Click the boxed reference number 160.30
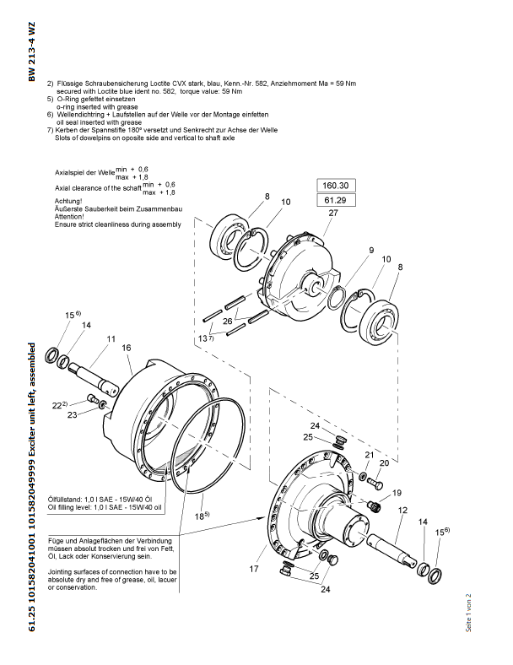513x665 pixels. pyautogui.click(x=335, y=186)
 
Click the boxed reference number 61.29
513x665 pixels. pyautogui.click(x=335, y=200)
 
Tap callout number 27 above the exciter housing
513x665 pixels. pyautogui.click(x=333, y=213)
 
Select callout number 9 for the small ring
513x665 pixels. pyautogui.click(x=371, y=251)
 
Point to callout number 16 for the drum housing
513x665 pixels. pyautogui.click(x=127, y=348)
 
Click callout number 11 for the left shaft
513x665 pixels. pyautogui.click(x=111, y=339)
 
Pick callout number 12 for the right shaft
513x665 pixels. pyautogui.click(x=402, y=510)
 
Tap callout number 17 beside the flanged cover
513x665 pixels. pyautogui.click(x=253, y=569)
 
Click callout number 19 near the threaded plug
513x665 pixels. pyautogui.click(x=397, y=493)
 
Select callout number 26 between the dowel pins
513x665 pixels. pyautogui.click(x=227, y=321)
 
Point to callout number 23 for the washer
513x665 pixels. pyautogui.click(x=72, y=414)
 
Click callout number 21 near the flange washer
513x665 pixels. pyautogui.click(x=370, y=455)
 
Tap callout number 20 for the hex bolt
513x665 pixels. pyautogui.click(x=384, y=463)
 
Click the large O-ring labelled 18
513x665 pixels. pyautogui.click(x=208, y=446)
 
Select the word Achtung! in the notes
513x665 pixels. pyautogui.click(x=68, y=201)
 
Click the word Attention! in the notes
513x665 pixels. pyautogui.click(x=69, y=217)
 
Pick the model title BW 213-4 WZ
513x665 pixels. pyautogui.click(x=31, y=51)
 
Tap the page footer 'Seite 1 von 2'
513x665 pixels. pyautogui.click(x=468, y=613)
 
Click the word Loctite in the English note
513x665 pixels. pyautogui.click(x=108, y=91)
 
